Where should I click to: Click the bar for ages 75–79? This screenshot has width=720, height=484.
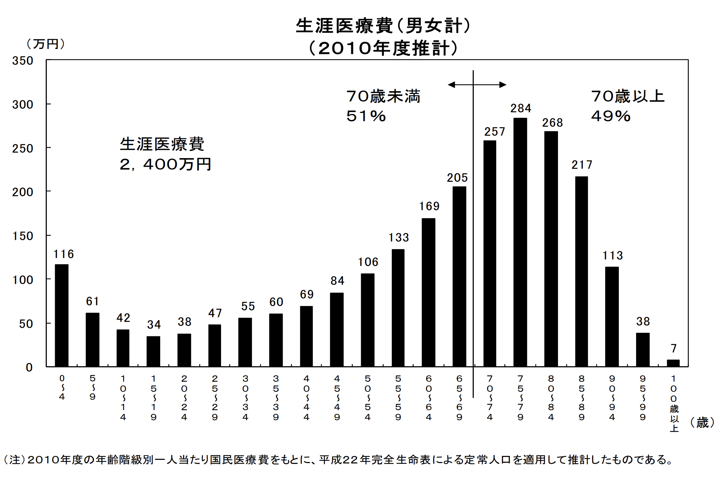520,242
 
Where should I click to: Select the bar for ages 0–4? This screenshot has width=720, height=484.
62,315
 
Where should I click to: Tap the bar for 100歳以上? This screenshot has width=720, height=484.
673,363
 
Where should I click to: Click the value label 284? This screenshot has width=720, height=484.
521,108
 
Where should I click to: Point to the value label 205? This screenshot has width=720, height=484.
457,178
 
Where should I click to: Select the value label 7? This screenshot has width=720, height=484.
674,348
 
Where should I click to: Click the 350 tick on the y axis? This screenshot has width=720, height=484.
23,60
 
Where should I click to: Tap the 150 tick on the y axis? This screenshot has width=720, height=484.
23,236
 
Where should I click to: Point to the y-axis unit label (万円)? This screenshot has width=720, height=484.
45,44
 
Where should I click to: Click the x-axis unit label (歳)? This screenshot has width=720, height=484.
702,422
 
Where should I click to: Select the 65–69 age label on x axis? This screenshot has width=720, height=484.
459,398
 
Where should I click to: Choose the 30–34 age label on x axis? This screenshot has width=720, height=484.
245,398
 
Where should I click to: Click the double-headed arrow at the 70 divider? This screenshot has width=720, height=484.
477,85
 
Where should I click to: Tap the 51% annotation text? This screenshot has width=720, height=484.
366,116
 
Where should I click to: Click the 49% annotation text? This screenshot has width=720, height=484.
611,116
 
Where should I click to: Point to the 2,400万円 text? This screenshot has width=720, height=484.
165,165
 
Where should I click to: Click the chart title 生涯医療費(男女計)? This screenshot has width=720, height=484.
383,26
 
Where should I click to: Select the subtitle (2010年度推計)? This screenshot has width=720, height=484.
383,48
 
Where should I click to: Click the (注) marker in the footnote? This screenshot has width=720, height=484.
14,460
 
